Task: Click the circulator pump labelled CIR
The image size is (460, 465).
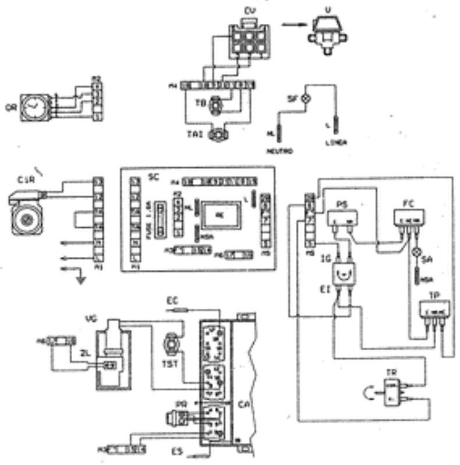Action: coord(27,214)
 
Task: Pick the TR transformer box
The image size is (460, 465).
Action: coord(392,391)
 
